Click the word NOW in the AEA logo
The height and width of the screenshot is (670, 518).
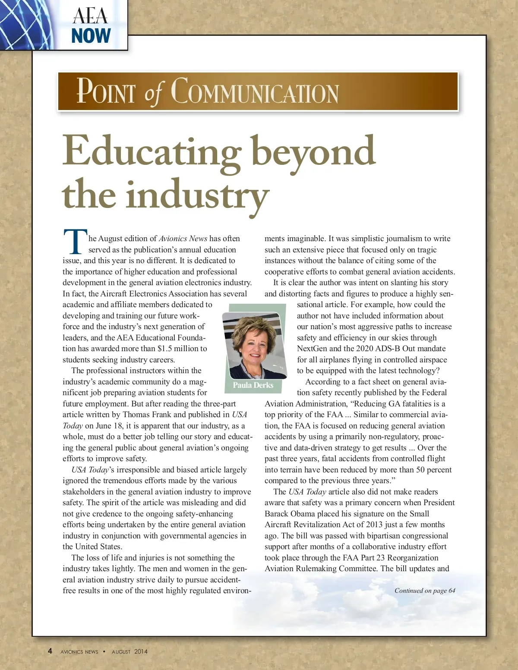tap(91, 36)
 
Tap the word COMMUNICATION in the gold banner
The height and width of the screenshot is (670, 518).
tap(255, 92)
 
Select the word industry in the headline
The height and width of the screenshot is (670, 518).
tap(197, 195)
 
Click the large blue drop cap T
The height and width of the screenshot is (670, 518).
tap(75, 242)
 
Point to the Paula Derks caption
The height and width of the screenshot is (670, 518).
tap(253, 385)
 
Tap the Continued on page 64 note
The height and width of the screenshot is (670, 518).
tap(425, 591)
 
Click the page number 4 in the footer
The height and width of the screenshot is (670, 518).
tap(50, 651)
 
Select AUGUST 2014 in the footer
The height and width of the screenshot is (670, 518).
tap(129, 651)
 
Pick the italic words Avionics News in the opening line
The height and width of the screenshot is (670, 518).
tap(183, 239)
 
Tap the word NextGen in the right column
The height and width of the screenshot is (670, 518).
tap(312, 349)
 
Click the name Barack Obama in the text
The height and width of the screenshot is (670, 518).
tap(289, 514)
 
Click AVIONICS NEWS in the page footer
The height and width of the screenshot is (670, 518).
tap(79, 652)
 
